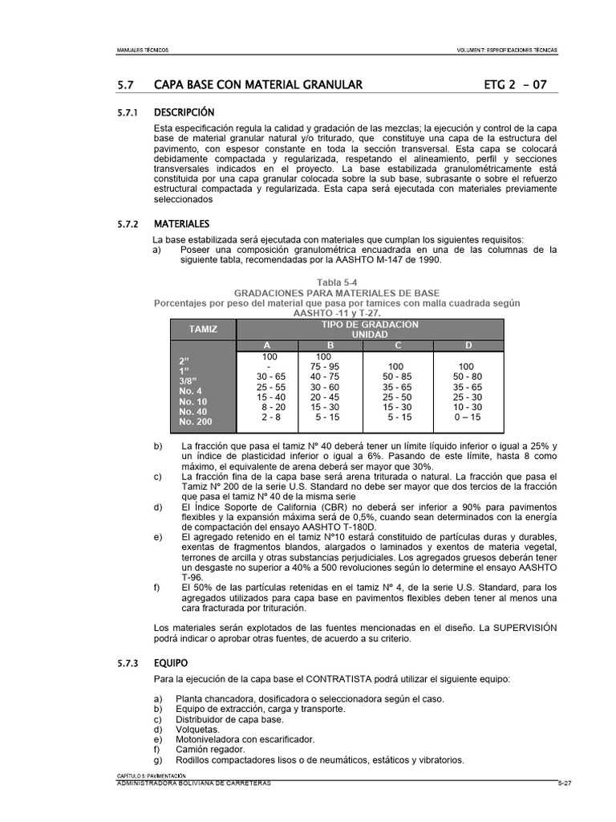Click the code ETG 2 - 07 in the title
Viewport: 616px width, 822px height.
tap(517, 84)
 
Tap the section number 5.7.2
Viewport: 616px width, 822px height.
tap(128, 223)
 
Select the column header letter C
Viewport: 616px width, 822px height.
tap(398, 345)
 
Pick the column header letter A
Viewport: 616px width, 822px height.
tap(267, 345)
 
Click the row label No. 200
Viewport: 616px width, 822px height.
tap(197, 421)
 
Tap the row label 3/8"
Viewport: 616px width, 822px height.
tap(191, 380)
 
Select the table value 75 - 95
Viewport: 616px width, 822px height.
tap(324, 366)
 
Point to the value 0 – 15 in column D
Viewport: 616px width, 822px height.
tap(467, 417)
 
